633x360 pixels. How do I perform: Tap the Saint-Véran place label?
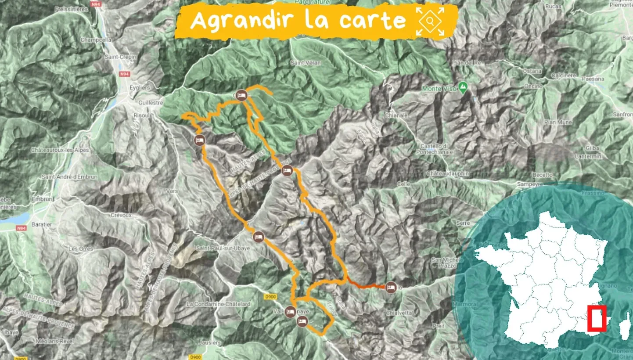pyautogui.click(x=305, y=63)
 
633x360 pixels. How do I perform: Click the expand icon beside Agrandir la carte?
pyautogui.click(x=430, y=21)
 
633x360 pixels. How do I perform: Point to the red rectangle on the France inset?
pyautogui.click(x=597, y=317)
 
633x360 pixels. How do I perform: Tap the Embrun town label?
pyautogui.click(x=42, y=199)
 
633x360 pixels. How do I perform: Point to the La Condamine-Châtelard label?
pyautogui.click(x=218, y=304)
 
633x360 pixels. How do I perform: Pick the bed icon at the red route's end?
pyautogui.click(x=390, y=288)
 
